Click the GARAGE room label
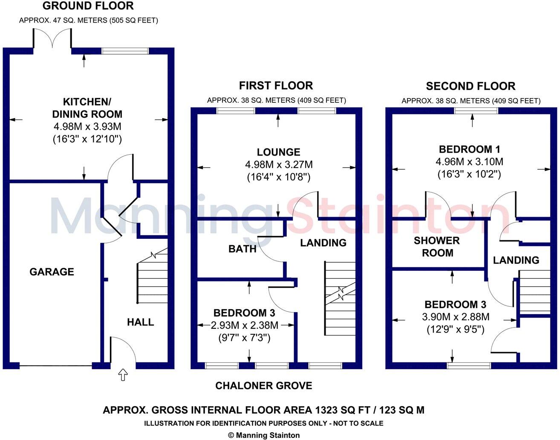tap(52, 272)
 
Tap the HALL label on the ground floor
tap(140, 322)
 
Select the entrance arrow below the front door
tap(123, 375)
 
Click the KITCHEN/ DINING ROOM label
tap(87, 108)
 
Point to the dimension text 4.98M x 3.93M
tap(87, 127)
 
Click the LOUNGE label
tap(278, 152)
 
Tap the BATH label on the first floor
tap(242, 249)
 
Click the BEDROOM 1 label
tap(469, 149)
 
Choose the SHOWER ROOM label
tap(437, 246)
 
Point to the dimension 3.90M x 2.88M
tap(455, 317)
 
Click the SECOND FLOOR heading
tap(471, 86)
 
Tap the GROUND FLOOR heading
tap(88, 6)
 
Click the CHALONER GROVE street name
tap(263, 386)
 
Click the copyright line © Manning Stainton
tap(264, 435)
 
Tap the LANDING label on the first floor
tap(323, 243)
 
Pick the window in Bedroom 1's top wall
tap(476, 111)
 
